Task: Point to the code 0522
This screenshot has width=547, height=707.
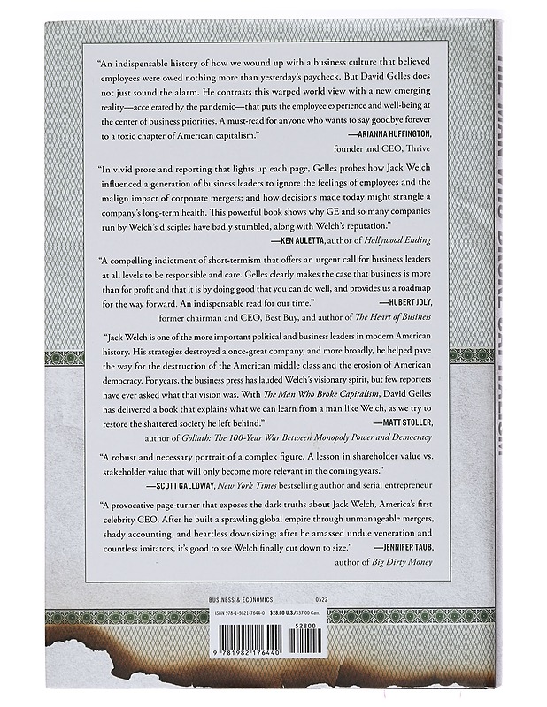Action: point(333,598)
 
